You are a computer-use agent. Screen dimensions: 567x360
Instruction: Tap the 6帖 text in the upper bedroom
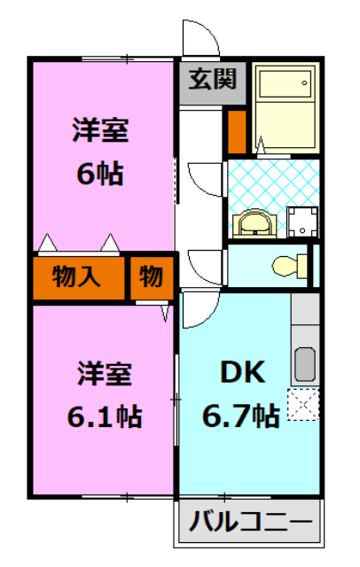[99, 174]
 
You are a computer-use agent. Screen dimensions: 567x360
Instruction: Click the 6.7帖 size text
[241, 414]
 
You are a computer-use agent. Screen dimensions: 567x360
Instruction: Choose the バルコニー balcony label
[251, 523]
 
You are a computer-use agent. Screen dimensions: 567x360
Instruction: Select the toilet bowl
[287, 265]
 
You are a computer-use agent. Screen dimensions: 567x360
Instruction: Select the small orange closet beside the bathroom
[236, 129]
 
